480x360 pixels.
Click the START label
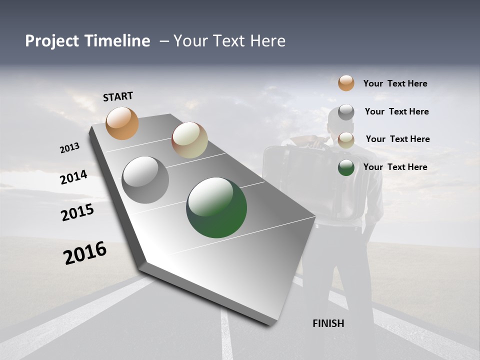[118, 96]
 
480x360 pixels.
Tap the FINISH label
[328, 323]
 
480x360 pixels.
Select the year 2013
[70, 148]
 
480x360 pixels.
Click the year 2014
[74, 177]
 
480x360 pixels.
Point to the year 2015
[77, 212]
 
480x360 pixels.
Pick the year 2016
[85, 253]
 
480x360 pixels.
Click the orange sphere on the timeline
[122, 123]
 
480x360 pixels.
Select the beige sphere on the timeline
[189, 140]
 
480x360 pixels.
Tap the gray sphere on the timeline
[145, 180]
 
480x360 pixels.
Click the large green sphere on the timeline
[216, 207]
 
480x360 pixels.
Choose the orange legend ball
[346, 83]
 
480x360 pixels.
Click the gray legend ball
[346, 111]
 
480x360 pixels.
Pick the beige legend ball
[346, 139]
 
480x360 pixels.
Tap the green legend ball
[346, 167]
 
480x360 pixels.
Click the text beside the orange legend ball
[395, 83]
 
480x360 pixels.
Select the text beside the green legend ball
[395, 167]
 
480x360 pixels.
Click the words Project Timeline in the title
[87, 41]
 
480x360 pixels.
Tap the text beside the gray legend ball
[396, 111]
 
